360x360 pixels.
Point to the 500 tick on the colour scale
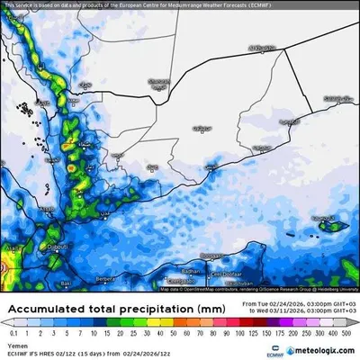click(x=347, y=332)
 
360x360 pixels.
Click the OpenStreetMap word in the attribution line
click(x=194, y=289)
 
